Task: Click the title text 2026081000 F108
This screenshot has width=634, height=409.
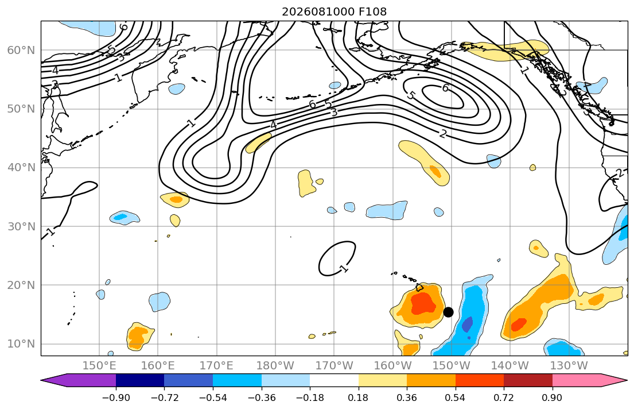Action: pos(334,11)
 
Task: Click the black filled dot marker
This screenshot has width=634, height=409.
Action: pos(448,312)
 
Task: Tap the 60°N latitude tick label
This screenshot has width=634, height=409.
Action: pos(21,50)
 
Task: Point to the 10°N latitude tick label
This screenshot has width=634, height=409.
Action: pos(21,344)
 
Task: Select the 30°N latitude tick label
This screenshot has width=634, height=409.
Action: pos(21,226)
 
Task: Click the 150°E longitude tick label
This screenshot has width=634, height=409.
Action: pos(99,366)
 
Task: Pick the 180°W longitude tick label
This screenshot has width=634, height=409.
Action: pos(275,366)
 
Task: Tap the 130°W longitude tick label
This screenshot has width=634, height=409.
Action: pos(569,366)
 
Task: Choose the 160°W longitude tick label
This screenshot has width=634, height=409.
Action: pos(392,366)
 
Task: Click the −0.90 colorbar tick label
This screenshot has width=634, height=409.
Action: pos(116,398)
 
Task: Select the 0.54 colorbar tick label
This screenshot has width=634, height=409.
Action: pos(456,398)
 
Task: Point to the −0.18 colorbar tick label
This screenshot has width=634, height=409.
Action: pos(310,398)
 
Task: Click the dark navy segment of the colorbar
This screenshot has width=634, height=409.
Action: pos(140,380)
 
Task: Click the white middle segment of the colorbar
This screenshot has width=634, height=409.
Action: pos(334,380)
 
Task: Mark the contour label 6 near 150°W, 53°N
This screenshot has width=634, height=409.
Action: pos(445,88)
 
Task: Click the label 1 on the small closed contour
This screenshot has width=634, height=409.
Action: pos(344,269)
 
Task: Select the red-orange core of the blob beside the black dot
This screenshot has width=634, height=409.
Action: pos(423,303)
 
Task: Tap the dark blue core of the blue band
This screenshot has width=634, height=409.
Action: pos(467,325)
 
